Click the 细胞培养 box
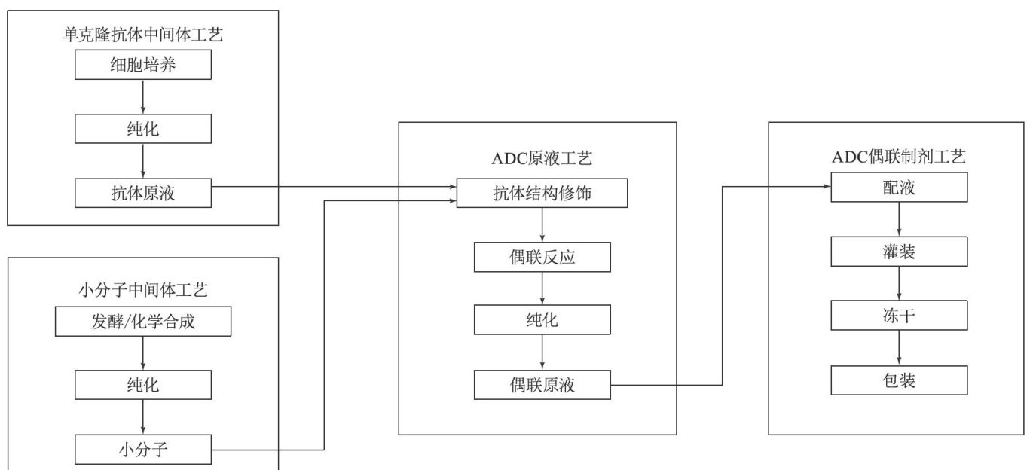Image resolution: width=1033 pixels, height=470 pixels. click(x=142, y=66)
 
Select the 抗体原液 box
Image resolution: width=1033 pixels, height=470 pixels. click(x=142, y=194)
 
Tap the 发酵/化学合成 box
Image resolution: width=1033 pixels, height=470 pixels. click(x=142, y=323)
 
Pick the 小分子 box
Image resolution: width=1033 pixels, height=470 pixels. click(x=142, y=450)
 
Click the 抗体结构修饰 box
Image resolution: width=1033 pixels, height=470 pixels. click(x=542, y=193)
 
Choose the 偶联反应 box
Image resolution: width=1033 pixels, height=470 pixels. click(x=542, y=258)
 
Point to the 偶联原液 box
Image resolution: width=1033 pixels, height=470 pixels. click(x=542, y=386)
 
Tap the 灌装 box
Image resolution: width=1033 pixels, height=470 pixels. click(x=899, y=252)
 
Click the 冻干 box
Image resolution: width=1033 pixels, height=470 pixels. click(x=899, y=316)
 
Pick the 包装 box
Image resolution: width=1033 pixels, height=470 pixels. click(x=899, y=380)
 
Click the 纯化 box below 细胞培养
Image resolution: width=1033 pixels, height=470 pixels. click(x=142, y=130)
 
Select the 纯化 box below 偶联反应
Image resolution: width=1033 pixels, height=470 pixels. click(x=542, y=321)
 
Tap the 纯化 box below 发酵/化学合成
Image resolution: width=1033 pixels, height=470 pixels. click(x=142, y=387)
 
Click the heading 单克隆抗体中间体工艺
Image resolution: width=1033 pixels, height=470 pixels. click(x=142, y=35)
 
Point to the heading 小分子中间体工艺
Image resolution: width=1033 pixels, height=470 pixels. click(x=142, y=289)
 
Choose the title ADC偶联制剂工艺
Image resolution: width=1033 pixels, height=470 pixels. click(x=899, y=157)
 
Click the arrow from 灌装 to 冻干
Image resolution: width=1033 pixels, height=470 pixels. click(x=899, y=283)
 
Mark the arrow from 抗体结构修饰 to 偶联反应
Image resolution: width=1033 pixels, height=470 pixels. click(x=542, y=225)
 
